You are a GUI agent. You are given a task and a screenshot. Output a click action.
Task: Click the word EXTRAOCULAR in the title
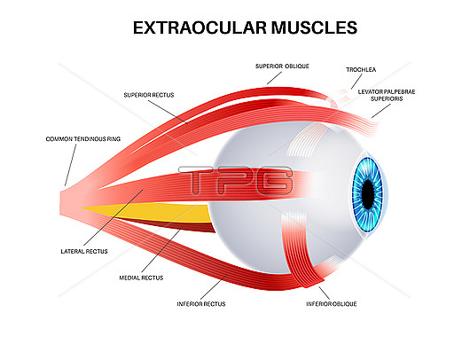[x=200, y=27]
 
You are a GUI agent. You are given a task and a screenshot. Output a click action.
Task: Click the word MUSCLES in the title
[x=314, y=27]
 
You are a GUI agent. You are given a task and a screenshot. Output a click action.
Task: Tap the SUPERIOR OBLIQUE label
[x=282, y=67]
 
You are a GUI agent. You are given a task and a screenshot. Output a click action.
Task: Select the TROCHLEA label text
[x=361, y=69]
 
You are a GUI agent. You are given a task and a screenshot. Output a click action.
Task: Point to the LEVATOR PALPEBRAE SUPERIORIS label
[x=387, y=96]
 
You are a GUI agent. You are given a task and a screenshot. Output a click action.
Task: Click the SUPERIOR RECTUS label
[x=149, y=95]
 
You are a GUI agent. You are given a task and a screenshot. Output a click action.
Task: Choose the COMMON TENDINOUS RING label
[x=83, y=139]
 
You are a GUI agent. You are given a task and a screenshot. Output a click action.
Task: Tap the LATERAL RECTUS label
[x=84, y=252]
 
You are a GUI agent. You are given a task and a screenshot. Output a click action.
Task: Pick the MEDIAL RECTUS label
[x=141, y=278]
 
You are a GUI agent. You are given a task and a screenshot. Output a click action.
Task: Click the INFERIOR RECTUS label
[x=201, y=304]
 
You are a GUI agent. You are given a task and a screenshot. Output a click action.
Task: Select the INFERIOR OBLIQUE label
[x=332, y=304]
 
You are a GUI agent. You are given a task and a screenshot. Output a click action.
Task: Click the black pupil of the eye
[x=368, y=195]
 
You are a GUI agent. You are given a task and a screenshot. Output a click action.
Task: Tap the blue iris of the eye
[x=356, y=195]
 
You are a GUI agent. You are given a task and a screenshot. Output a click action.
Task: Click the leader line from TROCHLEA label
[x=356, y=82]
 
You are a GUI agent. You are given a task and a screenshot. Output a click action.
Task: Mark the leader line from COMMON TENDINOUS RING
[x=70, y=165]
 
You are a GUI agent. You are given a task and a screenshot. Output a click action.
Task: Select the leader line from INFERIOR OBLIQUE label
[x=325, y=293]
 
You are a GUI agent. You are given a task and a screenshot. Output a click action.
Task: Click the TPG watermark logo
[x=235, y=180]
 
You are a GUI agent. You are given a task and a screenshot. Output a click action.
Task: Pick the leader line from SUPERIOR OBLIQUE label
[x=274, y=78]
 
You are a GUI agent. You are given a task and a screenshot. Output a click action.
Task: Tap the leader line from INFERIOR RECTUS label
[x=214, y=287]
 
